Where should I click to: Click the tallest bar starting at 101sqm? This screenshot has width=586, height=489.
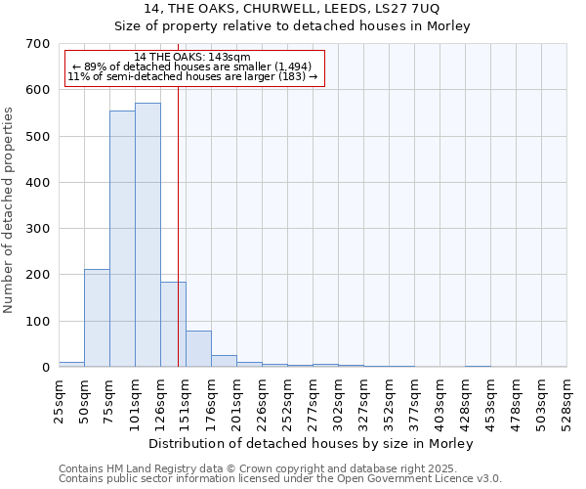[x=147, y=235]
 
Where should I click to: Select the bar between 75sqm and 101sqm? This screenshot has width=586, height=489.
[x=122, y=239]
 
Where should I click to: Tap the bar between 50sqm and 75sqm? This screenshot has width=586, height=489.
[x=97, y=318]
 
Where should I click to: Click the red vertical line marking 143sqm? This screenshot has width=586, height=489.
[x=178, y=225]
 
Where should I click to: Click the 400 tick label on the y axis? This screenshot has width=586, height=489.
[x=39, y=183]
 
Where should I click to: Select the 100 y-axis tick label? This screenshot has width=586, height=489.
[x=39, y=322]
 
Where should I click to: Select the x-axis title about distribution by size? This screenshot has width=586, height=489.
[x=312, y=443]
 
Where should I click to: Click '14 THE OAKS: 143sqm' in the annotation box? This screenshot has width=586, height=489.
[x=192, y=57]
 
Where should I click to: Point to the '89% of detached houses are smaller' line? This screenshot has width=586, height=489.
[x=192, y=67]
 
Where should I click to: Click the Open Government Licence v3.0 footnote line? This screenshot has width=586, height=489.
[x=280, y=478]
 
